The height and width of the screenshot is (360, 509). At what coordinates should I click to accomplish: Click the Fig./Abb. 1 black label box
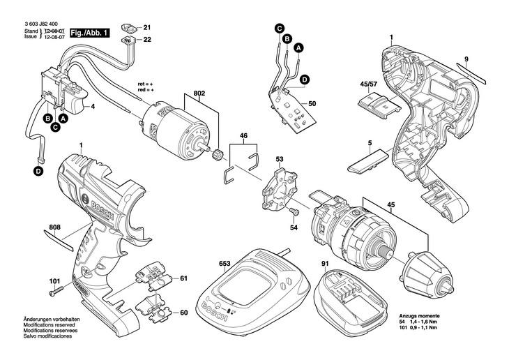pos(91,32)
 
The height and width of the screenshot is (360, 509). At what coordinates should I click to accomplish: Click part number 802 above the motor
pos(199,93)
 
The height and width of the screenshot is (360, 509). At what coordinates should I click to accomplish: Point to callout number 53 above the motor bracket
pos(279,160)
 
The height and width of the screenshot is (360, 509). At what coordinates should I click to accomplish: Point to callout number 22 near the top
pos(147,40)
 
